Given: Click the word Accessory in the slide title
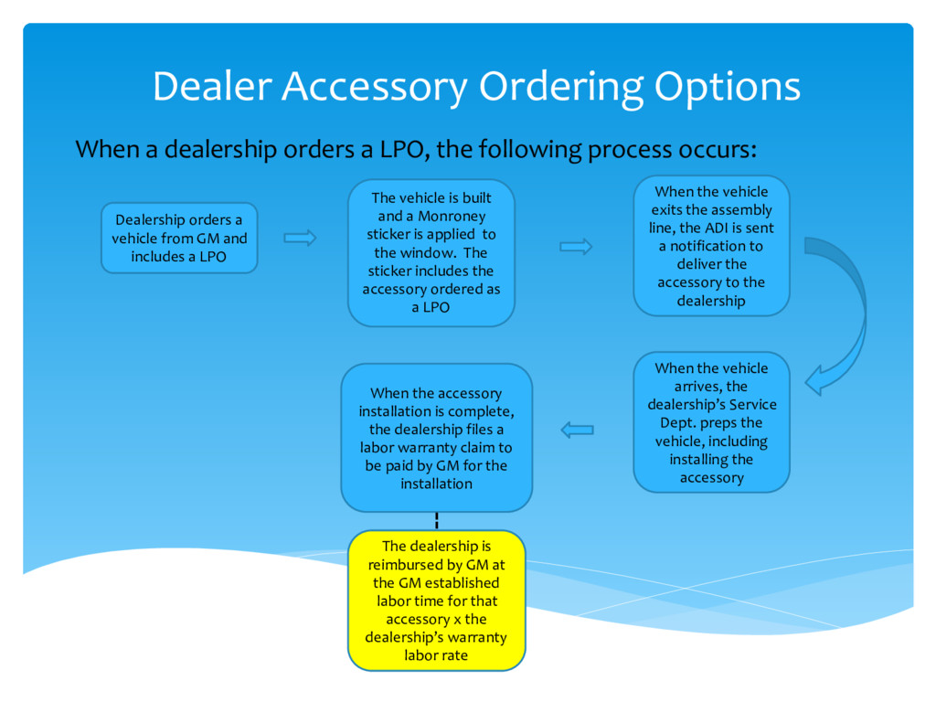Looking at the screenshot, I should (x=376, y=88).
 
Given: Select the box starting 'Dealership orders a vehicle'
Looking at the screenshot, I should (x=179, y=238).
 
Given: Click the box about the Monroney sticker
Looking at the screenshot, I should (x=431, y=253).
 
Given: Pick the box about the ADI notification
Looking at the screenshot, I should (x=711, y=246).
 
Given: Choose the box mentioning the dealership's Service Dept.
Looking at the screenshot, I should (x=711, y=422).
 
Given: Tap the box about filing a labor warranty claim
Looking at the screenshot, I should (x=436, y=438).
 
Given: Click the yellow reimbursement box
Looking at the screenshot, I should (x=436, y=601).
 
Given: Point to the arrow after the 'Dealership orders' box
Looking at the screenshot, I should (x=300, y=239).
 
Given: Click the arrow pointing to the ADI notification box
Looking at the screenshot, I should (x=576, y=247).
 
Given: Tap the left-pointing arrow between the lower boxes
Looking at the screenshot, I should (x=577, y=430).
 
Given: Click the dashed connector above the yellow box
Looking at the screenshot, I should (x=437, y=521).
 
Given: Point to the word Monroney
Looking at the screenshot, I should (x=452, y=217).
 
